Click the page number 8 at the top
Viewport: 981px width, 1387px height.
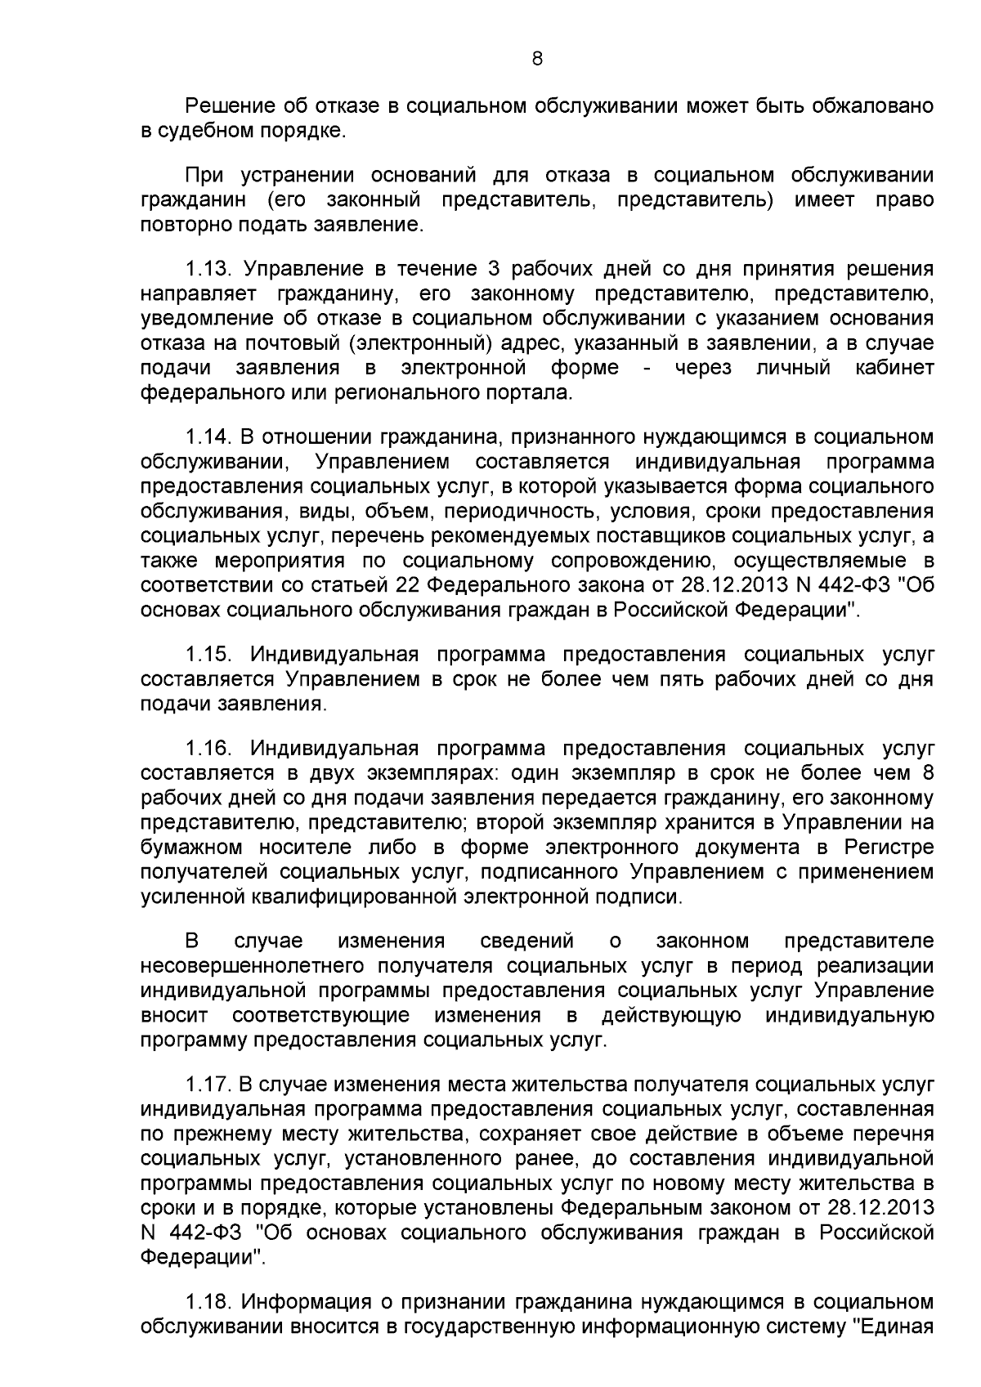point(537,58)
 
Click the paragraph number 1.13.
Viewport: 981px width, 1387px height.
point(211,269)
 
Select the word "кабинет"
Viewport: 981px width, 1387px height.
point(894,368)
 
